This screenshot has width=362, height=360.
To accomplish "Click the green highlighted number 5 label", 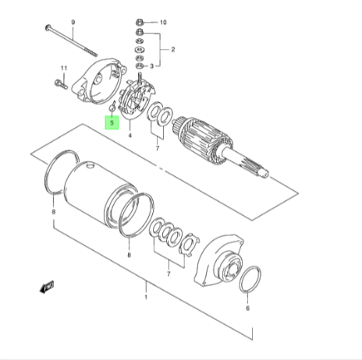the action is (x=112, y=122).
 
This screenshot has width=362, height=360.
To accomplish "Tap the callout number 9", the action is (x=73, y=22).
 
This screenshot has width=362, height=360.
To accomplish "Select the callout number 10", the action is (x=163, y=23).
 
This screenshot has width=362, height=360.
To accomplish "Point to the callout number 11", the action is (x=64, y=69).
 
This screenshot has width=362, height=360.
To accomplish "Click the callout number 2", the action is (x=173, y=49).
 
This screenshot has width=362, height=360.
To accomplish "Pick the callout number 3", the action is (x=152, y=66).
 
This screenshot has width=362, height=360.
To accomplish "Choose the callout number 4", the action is (x=130, y=136).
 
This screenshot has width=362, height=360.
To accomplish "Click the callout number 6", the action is (x=247, y=308).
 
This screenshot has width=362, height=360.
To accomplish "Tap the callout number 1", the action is (x=146, y=297).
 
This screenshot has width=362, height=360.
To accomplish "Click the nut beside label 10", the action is (x=139, y=22).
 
